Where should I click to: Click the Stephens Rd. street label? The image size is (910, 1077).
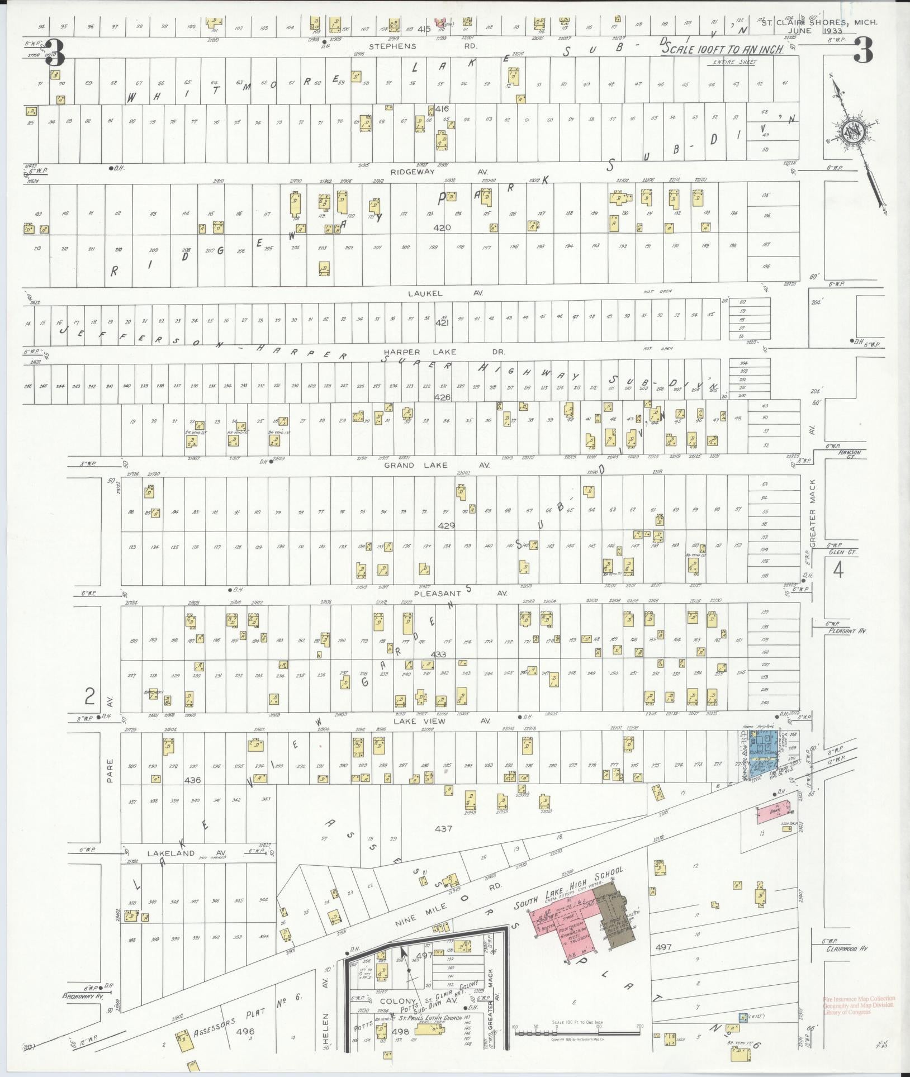point(395,46)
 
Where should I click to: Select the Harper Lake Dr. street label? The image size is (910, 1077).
point(444,352)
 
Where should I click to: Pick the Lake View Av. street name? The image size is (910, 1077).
point(442,721)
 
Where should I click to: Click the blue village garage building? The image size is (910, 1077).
point(764,748)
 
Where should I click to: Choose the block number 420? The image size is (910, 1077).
point(442,227)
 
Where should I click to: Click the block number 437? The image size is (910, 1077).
point(443,828)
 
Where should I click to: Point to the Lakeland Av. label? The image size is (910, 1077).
point(171,853)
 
